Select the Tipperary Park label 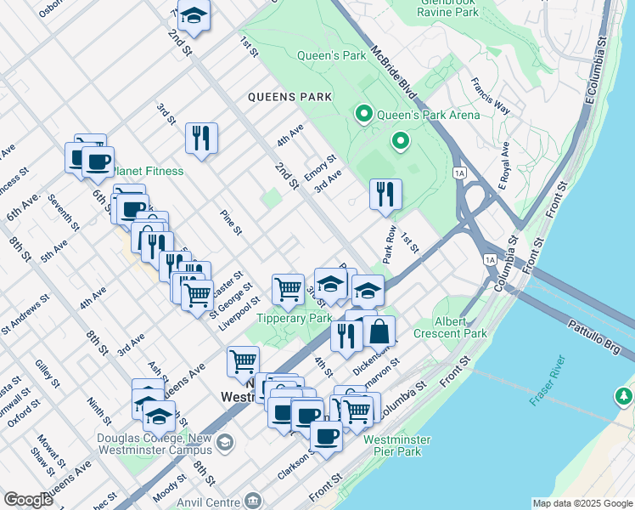295,318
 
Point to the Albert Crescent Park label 450,327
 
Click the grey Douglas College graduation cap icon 225,441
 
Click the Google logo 28,500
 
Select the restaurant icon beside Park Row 385,194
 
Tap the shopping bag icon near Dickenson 380,331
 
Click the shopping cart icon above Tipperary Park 289,288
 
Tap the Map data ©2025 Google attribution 582,503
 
